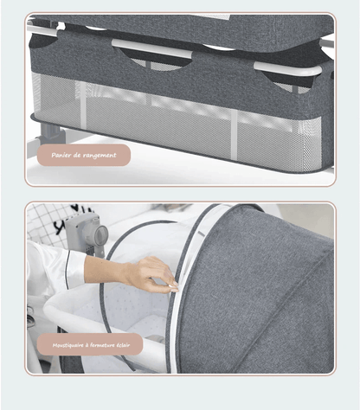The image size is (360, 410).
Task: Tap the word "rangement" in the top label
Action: pyautogui.click(x=100, y=156)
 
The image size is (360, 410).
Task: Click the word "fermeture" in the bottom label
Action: pyautogui.click(x=103, y=345)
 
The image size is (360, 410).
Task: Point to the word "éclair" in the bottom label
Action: pyautogui.click(x=124, y=345)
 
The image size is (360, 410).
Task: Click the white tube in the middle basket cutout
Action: pyautogui.click(x=151, y=48)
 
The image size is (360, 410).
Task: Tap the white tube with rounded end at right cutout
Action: pyautogui.click(x=287, y=69)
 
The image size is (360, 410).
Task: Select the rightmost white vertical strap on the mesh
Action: pyautogui.click(x=234, y=135)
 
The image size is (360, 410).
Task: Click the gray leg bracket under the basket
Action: pyautogui.click(x=52, y=132)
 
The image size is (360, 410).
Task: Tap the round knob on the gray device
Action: pyautogui.click(x=100, y=235)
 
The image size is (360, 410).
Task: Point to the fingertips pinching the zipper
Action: pyautogui.click(x=173, y=285)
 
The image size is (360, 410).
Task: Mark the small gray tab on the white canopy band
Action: pyautogui.click(x=201, y=234)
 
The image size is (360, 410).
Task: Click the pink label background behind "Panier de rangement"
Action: pyautogui.click(x=84, y=156)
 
